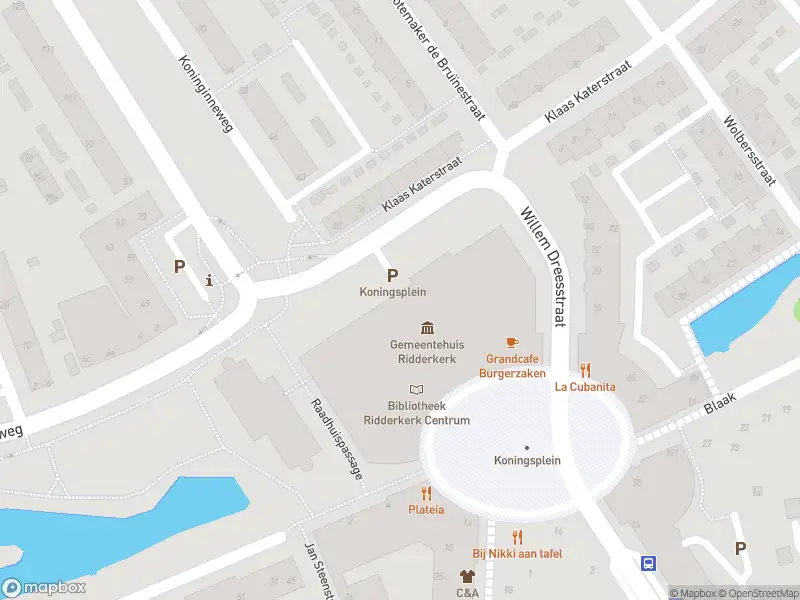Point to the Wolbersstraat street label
click(x=750, y=150)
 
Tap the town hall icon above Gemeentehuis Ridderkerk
click(x=428, y=328)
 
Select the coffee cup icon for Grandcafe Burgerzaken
click(x=512, y=342)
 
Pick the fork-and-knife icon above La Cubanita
click(x=585, y=370)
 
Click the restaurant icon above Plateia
click(x=426, y=493)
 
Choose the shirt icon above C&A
click(x=467, y=576)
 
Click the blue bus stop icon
click(x=648, y=564)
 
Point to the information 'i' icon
click(x=208, y=280)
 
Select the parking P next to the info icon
click(x=180, y=267)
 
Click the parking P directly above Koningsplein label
click(x=392, y=276)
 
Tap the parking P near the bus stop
click(x=741, y=548)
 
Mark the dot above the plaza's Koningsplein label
click(x=527, y=447)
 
